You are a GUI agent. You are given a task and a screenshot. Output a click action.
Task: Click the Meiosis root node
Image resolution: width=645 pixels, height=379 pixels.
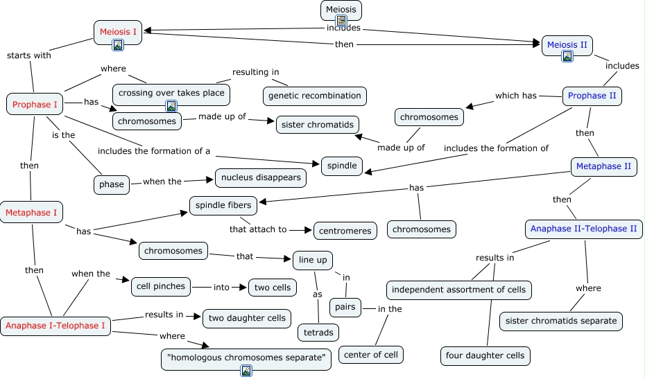[341, 10]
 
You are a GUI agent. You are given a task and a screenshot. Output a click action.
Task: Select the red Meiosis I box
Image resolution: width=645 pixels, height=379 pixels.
[118, 32]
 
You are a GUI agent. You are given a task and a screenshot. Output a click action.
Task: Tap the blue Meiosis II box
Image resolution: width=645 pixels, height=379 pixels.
[567, 45]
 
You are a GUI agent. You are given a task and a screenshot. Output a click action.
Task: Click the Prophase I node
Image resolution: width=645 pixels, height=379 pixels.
[35, 104]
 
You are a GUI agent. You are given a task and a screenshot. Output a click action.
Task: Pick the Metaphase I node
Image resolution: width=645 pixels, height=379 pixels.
[32, 213]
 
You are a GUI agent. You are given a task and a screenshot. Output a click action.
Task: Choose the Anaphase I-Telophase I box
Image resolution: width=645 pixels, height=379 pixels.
[55, 325]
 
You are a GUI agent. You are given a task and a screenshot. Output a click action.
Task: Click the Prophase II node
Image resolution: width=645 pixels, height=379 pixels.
[592, 96]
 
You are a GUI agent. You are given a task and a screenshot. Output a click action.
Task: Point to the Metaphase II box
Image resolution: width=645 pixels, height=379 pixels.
[603, 167]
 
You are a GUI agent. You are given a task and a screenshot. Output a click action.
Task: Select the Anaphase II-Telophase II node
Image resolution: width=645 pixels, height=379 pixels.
[583, 229]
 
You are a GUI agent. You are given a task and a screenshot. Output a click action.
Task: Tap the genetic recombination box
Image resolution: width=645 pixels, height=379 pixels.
[315, 96]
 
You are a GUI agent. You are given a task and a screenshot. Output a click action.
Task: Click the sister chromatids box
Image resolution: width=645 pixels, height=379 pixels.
[318, 125]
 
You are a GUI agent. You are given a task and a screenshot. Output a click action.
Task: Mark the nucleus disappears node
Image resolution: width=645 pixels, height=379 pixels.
[261, 177]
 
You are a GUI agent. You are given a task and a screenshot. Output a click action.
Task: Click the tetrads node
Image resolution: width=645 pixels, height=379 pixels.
[318, 333]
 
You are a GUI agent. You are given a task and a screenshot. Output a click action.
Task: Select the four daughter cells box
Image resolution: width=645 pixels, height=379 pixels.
[485, 356]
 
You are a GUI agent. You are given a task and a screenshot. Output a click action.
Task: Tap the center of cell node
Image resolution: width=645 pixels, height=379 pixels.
[371, 355]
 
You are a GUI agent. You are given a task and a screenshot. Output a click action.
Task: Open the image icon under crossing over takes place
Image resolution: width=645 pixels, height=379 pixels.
[171, 105]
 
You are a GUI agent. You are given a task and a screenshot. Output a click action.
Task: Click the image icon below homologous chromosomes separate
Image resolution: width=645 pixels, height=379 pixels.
[246, 371]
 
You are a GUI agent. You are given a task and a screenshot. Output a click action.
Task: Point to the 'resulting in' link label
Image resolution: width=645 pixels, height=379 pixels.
[256, 72]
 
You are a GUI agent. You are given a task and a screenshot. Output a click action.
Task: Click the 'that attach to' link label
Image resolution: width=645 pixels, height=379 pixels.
[258, 229]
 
